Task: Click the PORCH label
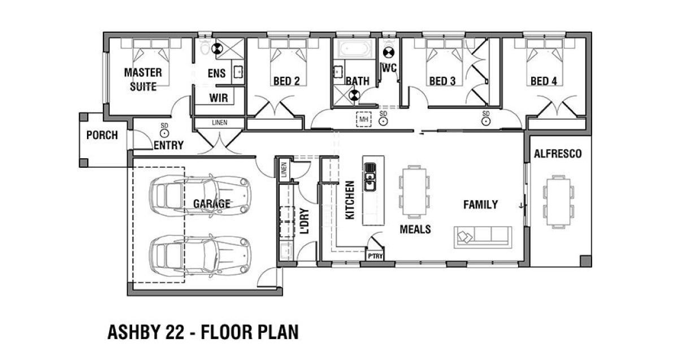[102, 135]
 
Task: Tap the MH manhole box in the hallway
[363, 119]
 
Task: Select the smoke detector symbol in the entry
[164, 133]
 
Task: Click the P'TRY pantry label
[375, 256]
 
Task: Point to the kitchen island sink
[370, 177]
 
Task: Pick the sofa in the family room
[483, 237]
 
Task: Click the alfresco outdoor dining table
[558, 202]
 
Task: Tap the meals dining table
[414, 192]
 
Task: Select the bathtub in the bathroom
[355, 49]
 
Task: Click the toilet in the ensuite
[206, 46]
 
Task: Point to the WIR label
[219, 98]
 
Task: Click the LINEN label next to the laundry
[284, 170]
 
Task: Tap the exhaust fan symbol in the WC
[389, 53]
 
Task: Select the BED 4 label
[544, 81]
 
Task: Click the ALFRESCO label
[558, 154]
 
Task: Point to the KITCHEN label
[350, 200]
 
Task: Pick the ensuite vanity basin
[238, 72]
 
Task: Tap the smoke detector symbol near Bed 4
[486, 121]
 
